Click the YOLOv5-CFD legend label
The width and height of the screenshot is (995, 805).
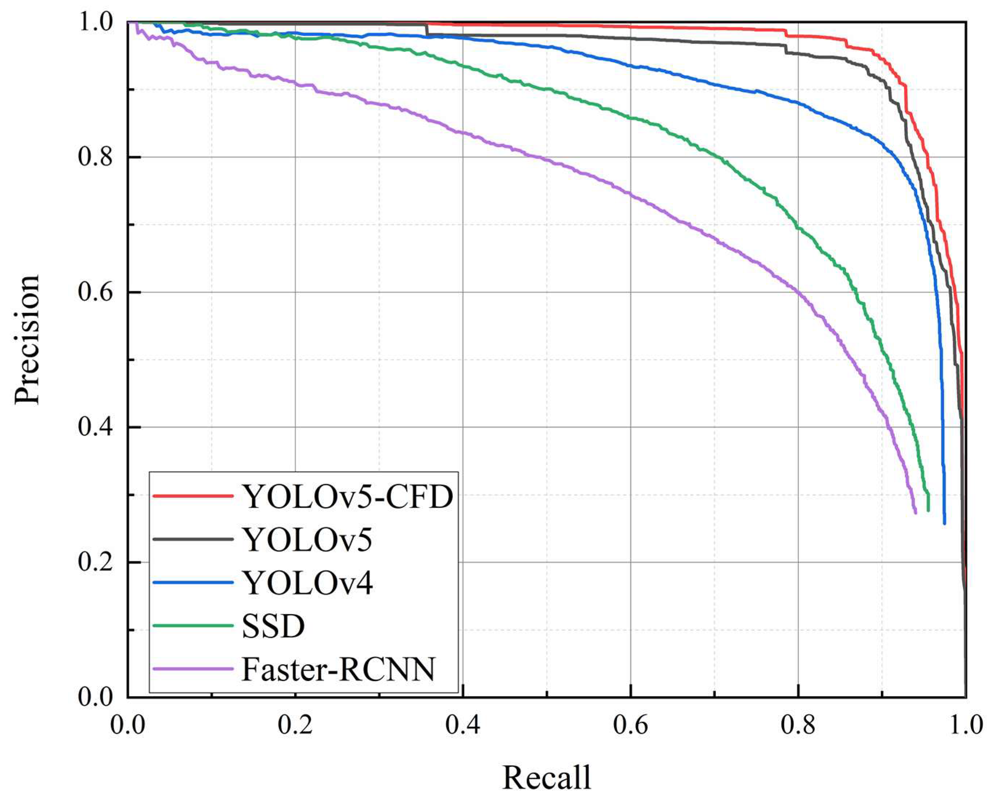(x=347, y=496)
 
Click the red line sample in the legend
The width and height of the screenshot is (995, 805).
(x=192, y=496)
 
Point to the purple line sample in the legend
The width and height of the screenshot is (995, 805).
(x=192, y=668)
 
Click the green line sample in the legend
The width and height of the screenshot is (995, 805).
(x=192, y=625)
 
